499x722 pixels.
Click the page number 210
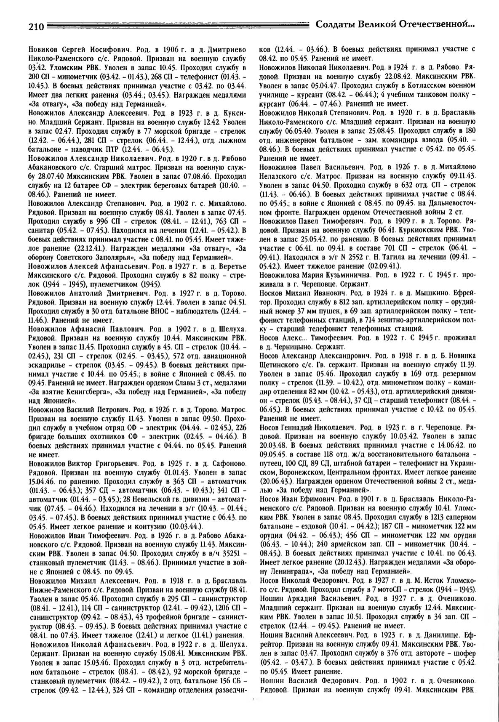(x=37, y=27)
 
